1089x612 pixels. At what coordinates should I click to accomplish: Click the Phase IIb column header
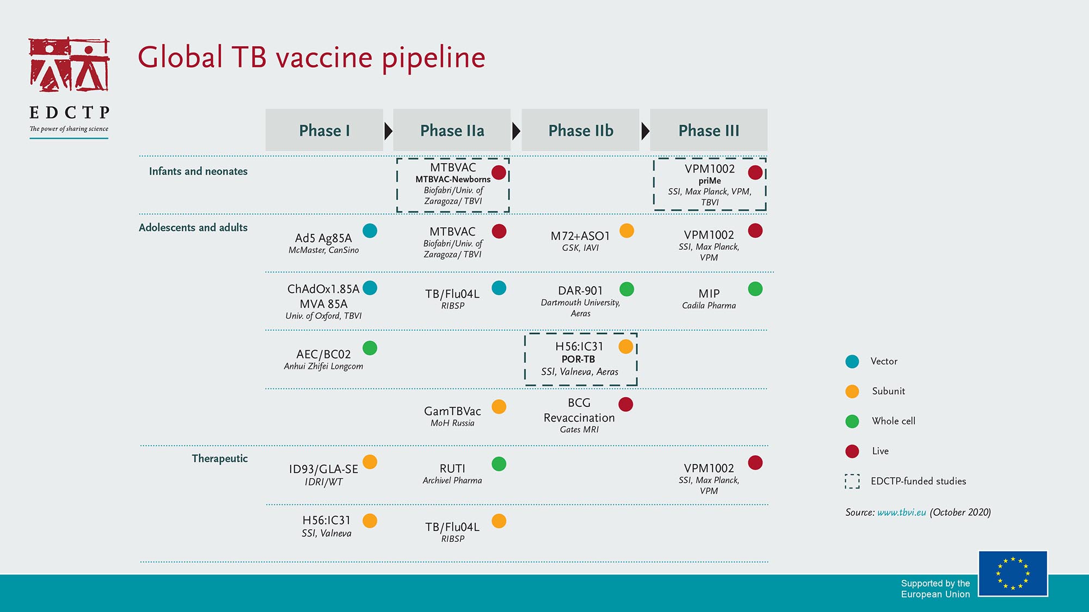click(580, 130)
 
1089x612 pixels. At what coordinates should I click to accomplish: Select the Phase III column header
click(709, 130)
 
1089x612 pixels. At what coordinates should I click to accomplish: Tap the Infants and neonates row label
click(198, 171)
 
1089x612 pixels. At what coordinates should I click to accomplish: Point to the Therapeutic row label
click(219, 459)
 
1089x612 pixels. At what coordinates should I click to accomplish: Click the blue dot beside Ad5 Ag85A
click(370, 231)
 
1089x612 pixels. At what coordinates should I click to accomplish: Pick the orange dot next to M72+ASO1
click(626, 231)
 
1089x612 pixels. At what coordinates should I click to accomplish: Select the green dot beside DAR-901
click(626, 289)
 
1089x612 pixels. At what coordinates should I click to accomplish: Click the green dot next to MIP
click(755, 289)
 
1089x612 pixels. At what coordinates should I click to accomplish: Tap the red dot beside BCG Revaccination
click(626, 404)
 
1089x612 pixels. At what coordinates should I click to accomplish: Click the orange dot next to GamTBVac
click(499, 406)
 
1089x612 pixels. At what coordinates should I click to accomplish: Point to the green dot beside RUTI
click(499, 464)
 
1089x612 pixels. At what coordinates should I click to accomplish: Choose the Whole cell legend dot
click(852, 421)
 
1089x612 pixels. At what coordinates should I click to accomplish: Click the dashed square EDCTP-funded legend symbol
click(852, 481)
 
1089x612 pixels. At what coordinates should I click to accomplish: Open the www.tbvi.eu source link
click(901, 512)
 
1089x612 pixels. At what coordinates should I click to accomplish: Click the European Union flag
click(1013, 573)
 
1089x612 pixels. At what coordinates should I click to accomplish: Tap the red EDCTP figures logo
click(69, 64)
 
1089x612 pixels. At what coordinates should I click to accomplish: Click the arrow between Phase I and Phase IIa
click(388, 131)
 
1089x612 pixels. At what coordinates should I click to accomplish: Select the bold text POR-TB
click(578, 359)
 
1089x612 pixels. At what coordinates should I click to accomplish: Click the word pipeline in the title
click(433, 58)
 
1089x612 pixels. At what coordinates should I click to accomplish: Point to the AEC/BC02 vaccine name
click(323, 354)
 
